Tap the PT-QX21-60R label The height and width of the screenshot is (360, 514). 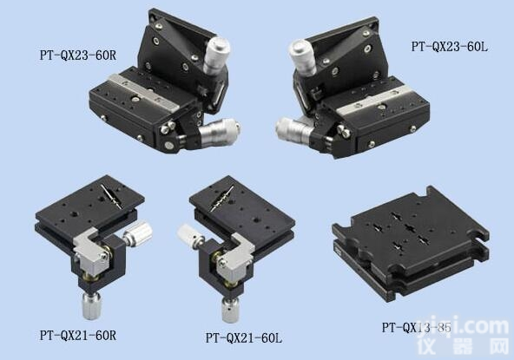[x=78, y=334]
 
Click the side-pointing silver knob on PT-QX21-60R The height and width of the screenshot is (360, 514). [x=140, y=234]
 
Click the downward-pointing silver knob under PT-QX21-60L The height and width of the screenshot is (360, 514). [x=229, y=307]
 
